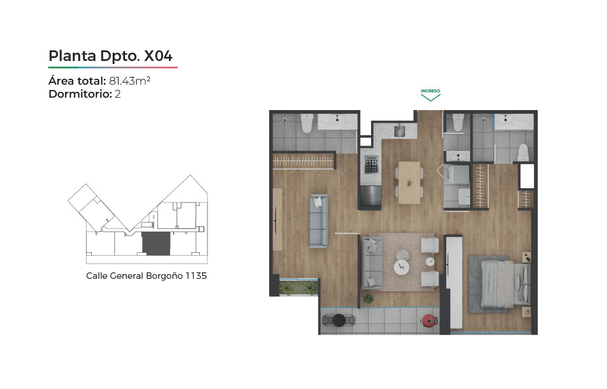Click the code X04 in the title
(x=158, y=56)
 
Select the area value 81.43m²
(x=130, y=81)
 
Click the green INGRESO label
(x=430, y=91)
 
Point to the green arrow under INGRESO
(x=430, y=98)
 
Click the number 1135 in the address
(x=196, y=276)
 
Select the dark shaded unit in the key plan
(x=156, y=243)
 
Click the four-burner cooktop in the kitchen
(x=372, y=165)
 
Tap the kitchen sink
(x=400, y=131)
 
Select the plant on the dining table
(x=409, y=182)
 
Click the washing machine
(x=456, y=174)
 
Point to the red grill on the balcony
(x=429, y=320)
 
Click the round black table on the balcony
(x=338, y=320)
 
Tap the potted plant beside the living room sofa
(x=368, y=298)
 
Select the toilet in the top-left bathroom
(x=306, y=123)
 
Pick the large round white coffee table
(x=401, y=267)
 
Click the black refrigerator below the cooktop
(x=370, y=197)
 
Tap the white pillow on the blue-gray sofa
(x=318, y=201)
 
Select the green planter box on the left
(x=299, y=287)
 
